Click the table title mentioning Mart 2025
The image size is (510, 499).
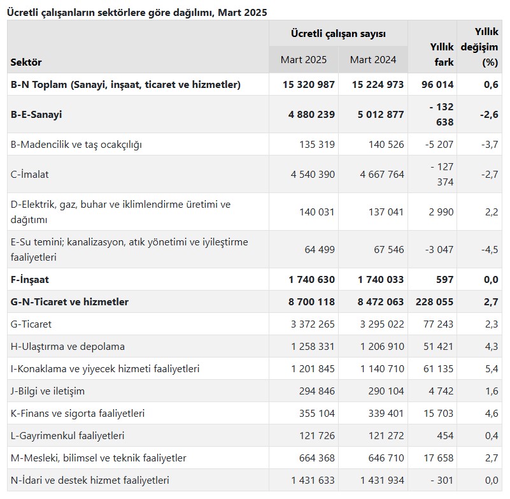pyautogui.click(x=137, y=12)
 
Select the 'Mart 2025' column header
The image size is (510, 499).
pyautogui.click(x=304, y=59)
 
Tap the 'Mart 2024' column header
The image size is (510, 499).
pyautogui.click(x=373, y=59)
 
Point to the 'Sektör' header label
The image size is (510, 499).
pyautogui.click(x=26, y=62)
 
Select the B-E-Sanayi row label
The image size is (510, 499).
pyautogui.click(x=36, y=115)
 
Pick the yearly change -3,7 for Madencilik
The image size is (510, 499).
pyautogui.click(x=490, y=145)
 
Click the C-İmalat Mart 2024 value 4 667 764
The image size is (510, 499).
pyautogui.click(x=378, y=175)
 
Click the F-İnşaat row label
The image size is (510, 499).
pyautogui.click(x=30, y=280)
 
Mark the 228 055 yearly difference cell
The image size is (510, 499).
pyautogui.click(x=434, y=302)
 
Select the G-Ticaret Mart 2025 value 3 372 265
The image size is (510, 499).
pyautogui.click(x=313, y=324)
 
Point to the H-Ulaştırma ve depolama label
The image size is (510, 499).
pyautogui.click(x=67, y=347)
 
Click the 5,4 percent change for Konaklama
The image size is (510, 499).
pyautogui.click(x=491, y=369)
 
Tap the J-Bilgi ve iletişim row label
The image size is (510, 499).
pyautogui.click(x=48, y=391)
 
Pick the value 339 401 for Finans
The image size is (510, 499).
pyautogui.click(x=382, y=414)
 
